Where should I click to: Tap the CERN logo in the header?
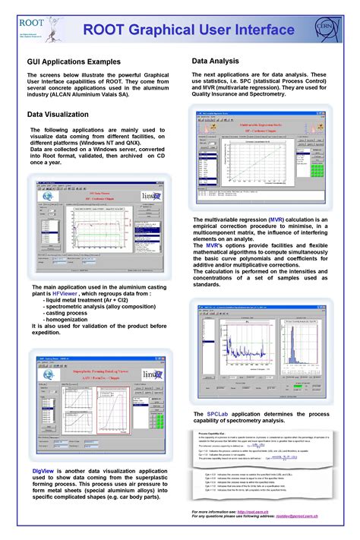(x=330, y=30)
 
